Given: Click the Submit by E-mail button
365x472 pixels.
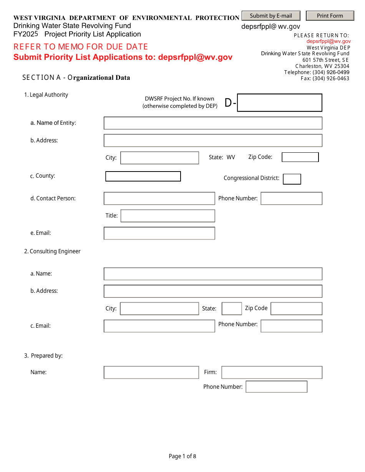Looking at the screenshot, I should [x=271, y=16].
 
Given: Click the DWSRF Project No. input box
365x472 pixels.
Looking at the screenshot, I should [x=279, y=103].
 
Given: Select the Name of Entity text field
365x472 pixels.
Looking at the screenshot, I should [x=213, y=123].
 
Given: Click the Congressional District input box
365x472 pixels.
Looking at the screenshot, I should [x=292, y=179].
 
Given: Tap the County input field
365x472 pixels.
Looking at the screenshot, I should [x=143, y=177].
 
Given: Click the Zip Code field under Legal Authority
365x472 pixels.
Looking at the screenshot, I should [x=300, y=157].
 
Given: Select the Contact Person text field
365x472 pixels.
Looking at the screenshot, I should [x=159, y=198].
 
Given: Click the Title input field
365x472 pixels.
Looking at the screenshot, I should [x=168, y=216].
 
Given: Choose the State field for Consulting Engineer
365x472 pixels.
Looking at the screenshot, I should [x=232, y=309].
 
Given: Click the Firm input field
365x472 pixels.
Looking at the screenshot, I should [x=272, y=372].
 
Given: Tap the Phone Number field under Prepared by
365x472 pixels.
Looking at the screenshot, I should [x=276, y=387].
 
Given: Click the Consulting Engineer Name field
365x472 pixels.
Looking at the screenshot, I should [x=213, y=274].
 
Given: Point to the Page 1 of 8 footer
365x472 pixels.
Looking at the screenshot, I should [x=182, y=456].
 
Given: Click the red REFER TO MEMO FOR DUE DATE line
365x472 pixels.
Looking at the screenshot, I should [x=81, y=47].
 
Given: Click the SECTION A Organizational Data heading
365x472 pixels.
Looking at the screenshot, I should [x=76, y=78].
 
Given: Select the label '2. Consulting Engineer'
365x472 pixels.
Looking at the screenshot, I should [x=52, y=251].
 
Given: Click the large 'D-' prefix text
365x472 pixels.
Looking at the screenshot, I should [x=230, y=103].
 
